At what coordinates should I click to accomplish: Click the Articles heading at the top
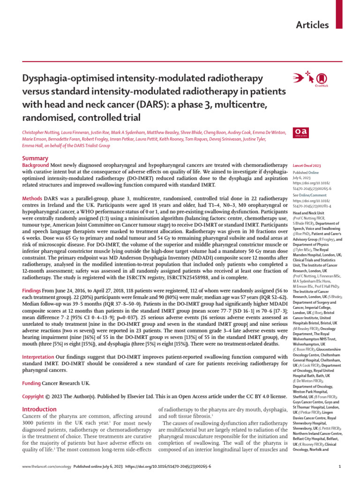pos(312,25)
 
